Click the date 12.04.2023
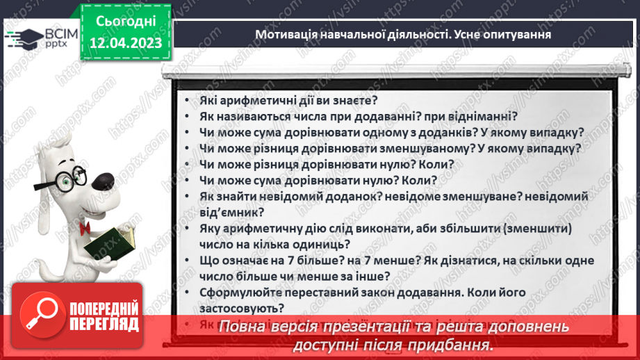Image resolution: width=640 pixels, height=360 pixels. pyautogui.click(x=126, y=44)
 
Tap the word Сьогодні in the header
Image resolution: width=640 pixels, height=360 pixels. pyautogui.click(x=126, y=22)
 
